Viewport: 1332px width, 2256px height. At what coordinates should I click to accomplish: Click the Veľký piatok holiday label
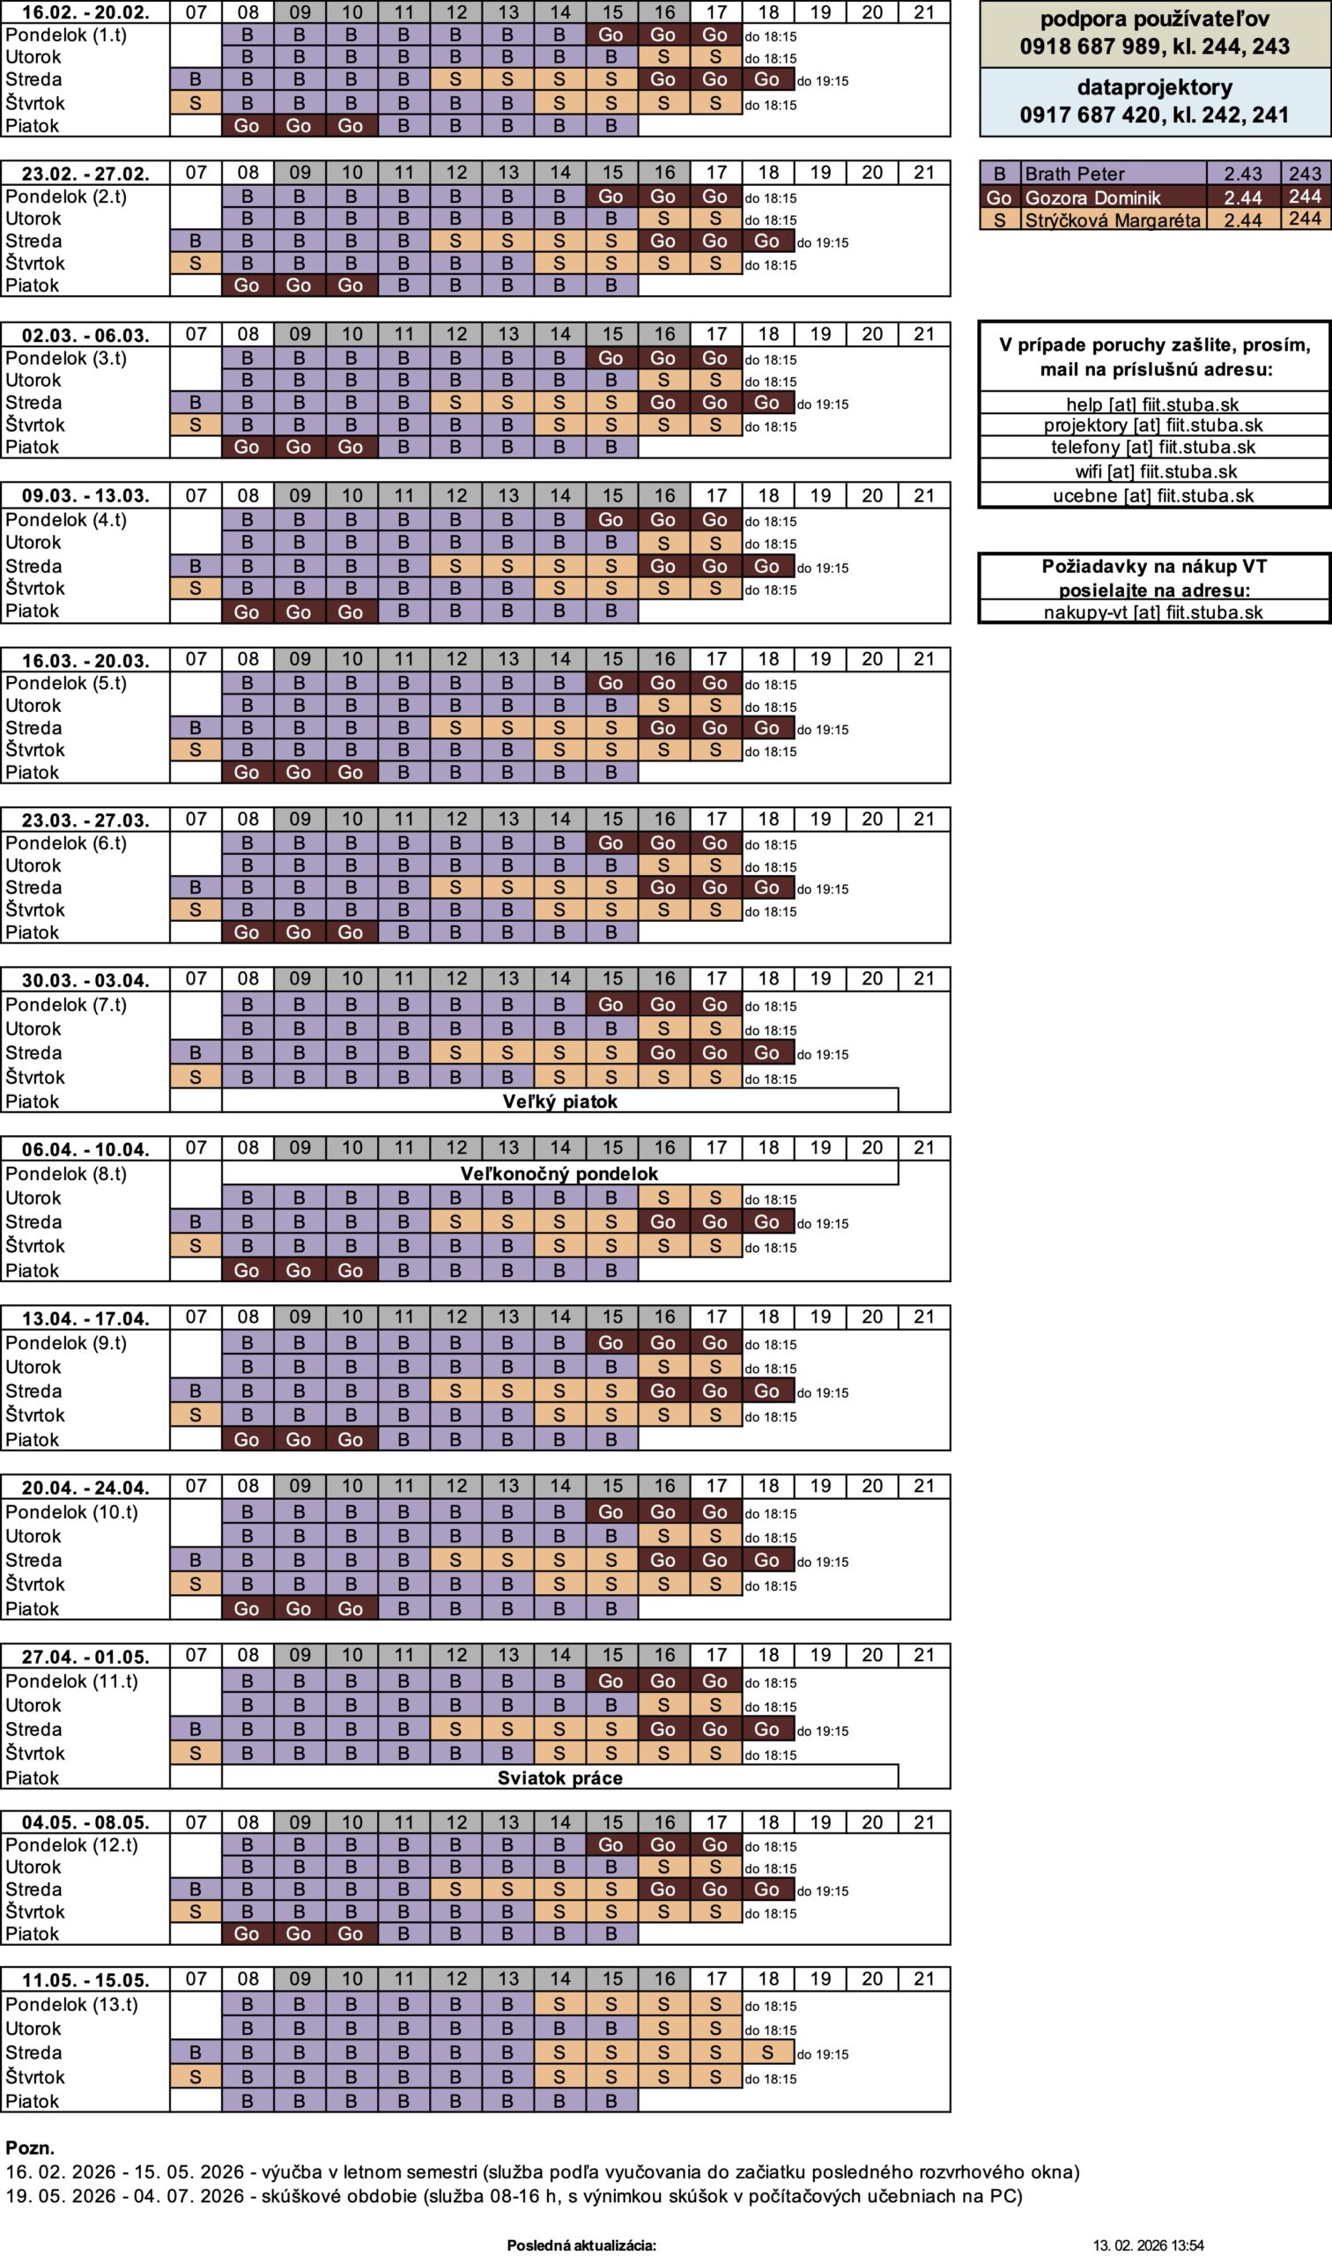559,1101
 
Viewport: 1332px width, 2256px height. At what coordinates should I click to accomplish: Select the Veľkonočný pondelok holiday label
559,1173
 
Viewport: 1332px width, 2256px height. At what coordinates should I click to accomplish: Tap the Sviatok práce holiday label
559,1777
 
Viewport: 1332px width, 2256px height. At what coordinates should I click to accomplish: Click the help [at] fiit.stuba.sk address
1152,404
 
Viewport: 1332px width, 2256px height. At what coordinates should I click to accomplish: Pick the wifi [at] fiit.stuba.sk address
1155,471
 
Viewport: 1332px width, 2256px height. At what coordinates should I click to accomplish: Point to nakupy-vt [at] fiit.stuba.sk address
1152,612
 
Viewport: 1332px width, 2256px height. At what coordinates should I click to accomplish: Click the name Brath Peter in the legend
1074,174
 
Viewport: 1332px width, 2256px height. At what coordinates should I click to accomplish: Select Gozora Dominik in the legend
1091,197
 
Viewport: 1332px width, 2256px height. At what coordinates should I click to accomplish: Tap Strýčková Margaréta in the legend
1111,220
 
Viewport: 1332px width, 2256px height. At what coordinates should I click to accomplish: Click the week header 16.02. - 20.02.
85,12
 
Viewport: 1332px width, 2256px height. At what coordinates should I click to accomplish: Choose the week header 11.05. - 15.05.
85,1979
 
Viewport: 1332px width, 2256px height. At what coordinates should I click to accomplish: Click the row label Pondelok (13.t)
72,2004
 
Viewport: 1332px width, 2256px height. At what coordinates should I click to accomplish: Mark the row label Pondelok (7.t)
65,1005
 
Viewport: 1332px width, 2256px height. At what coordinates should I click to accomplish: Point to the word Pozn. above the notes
30,2148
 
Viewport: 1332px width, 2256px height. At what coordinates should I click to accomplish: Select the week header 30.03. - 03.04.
85,980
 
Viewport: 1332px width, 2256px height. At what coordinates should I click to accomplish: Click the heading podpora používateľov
1154,19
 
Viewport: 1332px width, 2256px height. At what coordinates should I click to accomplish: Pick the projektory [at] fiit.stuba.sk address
1152,426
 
